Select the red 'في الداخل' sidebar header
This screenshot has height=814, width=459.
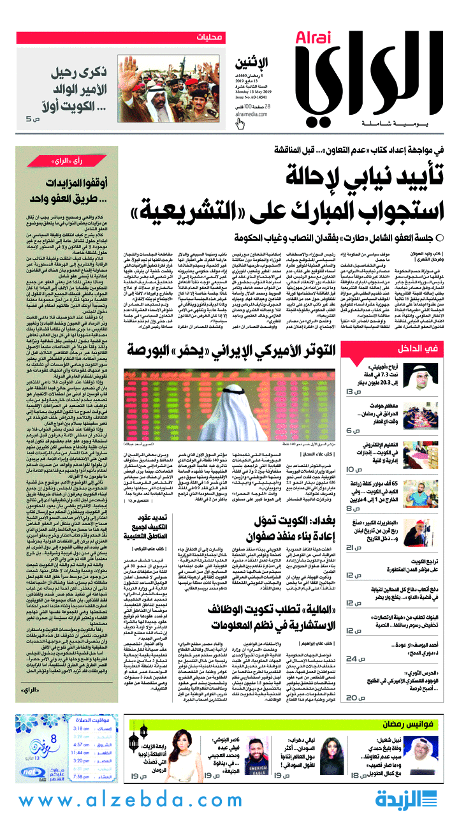coord(417,348)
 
